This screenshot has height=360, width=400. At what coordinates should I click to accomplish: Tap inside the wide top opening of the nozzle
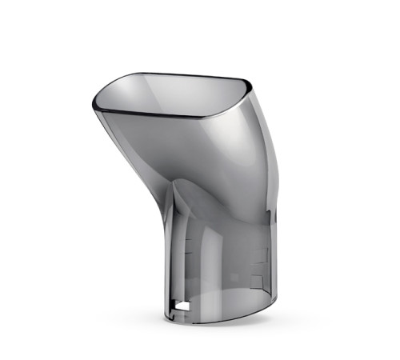point(172,94)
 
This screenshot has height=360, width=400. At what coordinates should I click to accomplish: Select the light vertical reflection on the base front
point(224,256)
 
